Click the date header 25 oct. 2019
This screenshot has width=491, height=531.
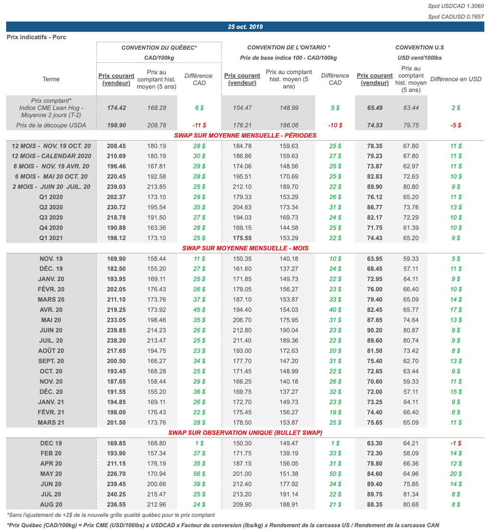coord(245,27)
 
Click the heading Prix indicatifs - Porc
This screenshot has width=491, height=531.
coord(36,37)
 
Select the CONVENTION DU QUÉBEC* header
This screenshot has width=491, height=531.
coord(159,47)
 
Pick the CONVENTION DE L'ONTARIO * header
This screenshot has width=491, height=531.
coord(289,47)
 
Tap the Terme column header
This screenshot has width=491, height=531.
coord(51,79)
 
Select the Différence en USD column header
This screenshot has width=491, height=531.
coord(456,79)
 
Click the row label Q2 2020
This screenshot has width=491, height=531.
coord(51,207)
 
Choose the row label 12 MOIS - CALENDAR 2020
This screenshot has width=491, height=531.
coord(51,156)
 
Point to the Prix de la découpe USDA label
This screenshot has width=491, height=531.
coord(51,125)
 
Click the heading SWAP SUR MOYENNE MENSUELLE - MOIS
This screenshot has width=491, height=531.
coord(245,248)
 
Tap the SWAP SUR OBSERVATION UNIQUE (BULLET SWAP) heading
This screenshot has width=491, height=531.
coord(245,432)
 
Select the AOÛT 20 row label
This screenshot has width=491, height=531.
coord(51,350)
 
